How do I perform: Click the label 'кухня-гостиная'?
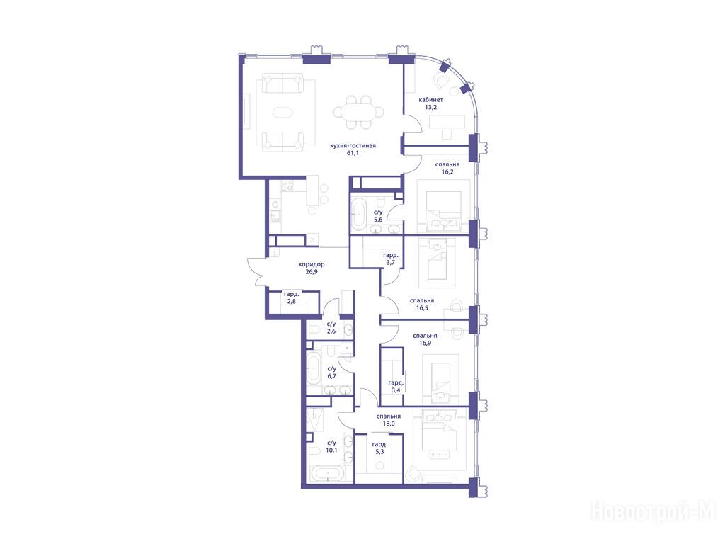[x=353, y=146]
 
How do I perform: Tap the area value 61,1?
[x=353, y=153]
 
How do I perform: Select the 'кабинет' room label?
[x=430, y=100]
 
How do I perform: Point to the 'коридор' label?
[x=312, y=265]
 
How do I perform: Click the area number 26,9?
[x=312, y=272]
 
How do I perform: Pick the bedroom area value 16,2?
[x=447, y=172]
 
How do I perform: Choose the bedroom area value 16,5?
[x=422, y=308]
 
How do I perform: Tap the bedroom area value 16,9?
[x=425, y=344]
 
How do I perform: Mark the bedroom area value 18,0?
[x=388, y=424]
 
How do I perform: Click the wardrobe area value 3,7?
[x=391, y=263]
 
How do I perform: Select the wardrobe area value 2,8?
[x=291, y=302]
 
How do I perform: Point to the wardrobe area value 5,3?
[x=379, y=452]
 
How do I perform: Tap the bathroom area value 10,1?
[x=331, y=450]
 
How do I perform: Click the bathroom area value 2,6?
[x=331, y=331]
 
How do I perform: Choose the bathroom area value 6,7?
[x=331, y=377]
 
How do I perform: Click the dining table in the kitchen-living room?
[x=358, y=113]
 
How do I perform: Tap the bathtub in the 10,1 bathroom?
[x=327, y=474]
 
